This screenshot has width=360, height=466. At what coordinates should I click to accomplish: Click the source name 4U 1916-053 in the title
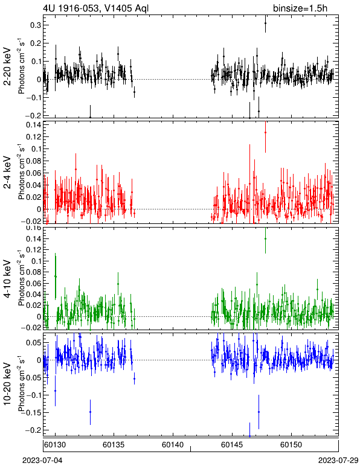(70, 8)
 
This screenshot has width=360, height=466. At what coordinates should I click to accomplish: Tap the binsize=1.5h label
(300, 8)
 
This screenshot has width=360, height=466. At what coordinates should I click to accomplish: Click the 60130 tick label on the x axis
(55, 445)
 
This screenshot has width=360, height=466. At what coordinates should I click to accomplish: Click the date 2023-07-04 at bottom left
(42, 461)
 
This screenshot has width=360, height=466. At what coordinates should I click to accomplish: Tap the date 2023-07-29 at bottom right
(338, 461)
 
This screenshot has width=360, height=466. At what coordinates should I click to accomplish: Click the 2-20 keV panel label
(7, 66)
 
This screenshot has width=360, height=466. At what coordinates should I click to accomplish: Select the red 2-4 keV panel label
(7, 173)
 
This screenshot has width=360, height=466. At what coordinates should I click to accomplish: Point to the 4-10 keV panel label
(7, 279)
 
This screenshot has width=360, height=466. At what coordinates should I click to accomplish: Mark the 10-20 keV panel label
(7, 383)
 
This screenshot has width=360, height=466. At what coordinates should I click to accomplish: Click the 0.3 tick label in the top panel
(35, 25)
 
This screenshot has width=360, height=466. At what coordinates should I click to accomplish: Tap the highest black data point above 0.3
(265, 23)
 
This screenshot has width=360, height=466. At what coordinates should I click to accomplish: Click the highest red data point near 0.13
(265, 133)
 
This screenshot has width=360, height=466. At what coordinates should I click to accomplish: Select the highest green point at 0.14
(265, 238)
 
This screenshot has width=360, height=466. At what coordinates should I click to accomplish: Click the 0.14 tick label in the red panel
(33, 124)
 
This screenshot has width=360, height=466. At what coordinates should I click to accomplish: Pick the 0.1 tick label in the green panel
(35, 261)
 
